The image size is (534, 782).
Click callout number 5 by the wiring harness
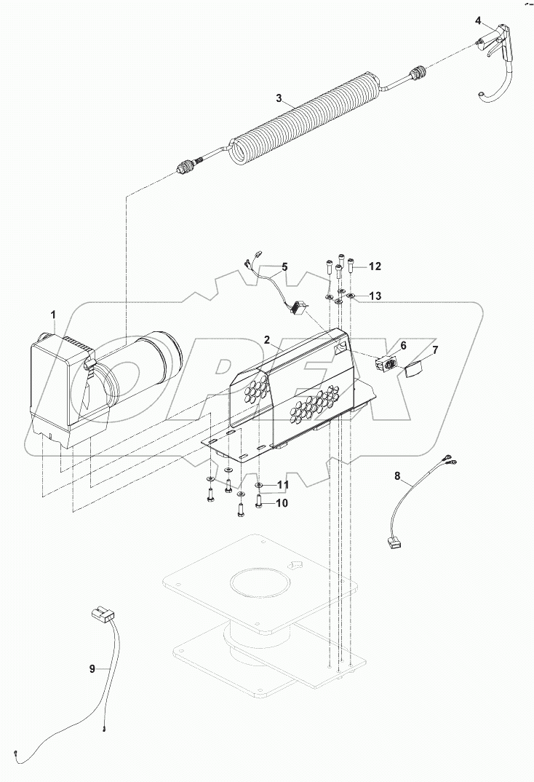click(284, 267)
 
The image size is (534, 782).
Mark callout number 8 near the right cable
click(397, 475)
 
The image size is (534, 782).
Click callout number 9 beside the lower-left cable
click(92, 669)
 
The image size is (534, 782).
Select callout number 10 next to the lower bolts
click(281, 503)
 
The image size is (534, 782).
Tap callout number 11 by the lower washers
click(282, 484)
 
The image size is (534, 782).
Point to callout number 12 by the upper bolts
click(374, 267)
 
